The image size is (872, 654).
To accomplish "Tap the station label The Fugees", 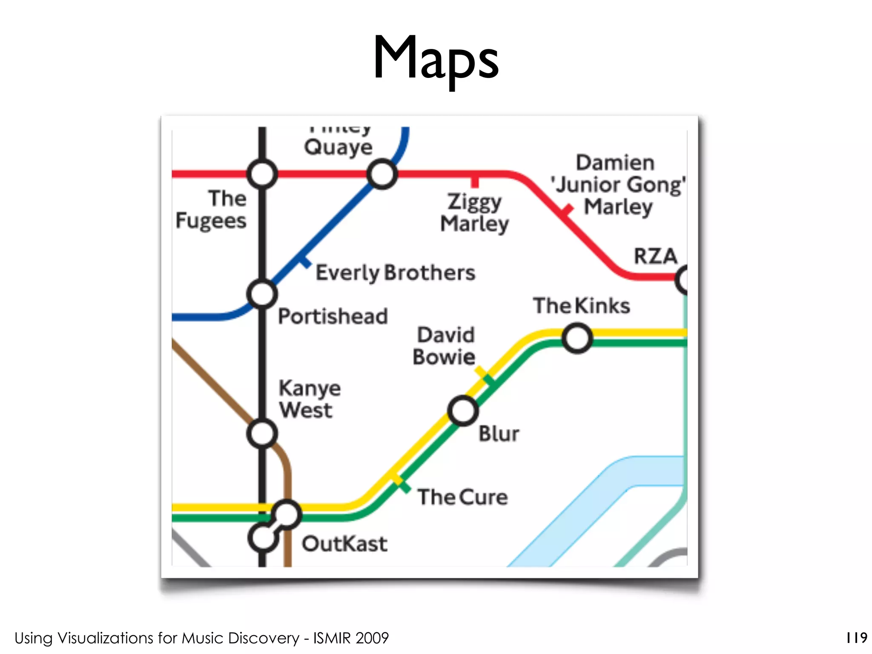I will click(x=212, y=209).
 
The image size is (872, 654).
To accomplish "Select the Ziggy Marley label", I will click(x=474, y=212).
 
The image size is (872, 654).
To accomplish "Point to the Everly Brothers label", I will click(x=395, y=272).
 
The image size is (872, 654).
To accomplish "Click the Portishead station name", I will click(x=333, y=316).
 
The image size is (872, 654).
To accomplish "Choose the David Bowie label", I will click(x=444, y=346).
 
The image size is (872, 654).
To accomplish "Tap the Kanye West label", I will click(x=310, y=399).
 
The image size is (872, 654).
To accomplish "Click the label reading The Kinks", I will click(x=582, y=306).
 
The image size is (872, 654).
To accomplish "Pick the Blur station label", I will click(x=499, y=434).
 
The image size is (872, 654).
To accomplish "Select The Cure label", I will click(x=462, y=497).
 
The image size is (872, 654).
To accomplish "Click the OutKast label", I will click(x=344, y=544).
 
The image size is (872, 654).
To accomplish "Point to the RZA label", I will click(x=655, y=256).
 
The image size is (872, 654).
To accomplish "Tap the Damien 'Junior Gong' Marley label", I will click(x=618, y=185).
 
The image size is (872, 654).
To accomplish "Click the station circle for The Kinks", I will click(x=577, y=338).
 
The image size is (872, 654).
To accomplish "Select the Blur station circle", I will click(x=463, y=411).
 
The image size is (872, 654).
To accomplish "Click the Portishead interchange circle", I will click(x=262, y=294).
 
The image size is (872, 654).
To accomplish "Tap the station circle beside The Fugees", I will click(x=262, y=174).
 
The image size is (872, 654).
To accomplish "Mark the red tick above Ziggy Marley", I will click(x=475, y=181).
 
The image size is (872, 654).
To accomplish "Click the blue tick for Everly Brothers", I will click(x=304, y=261).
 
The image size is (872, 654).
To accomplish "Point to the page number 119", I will click(x=856, y=637).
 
